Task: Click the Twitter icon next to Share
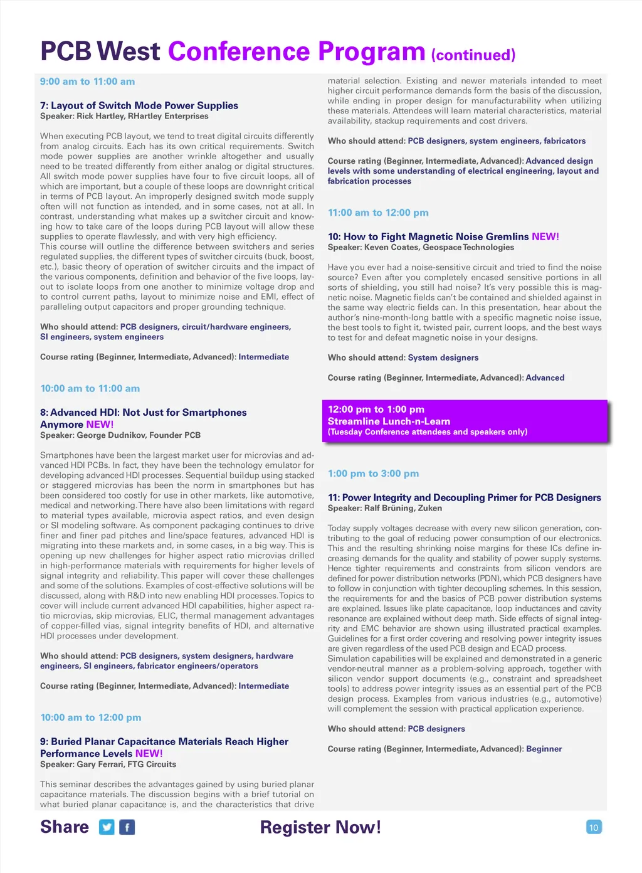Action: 107,827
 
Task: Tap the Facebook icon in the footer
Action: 127,827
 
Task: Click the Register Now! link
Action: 320,827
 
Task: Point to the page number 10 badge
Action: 593,827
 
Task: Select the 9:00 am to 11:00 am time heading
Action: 87,82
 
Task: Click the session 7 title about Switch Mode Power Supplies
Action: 139,105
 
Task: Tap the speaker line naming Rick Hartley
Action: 124,116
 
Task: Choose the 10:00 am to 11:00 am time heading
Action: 90,388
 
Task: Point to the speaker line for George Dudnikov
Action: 120,435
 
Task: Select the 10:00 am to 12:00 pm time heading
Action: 91,717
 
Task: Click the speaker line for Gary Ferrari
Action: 108,764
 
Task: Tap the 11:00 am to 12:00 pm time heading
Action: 378,213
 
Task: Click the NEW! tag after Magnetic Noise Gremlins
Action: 545,236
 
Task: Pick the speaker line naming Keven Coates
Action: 421,247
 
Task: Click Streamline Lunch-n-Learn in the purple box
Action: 389,421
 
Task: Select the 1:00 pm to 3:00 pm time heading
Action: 373,474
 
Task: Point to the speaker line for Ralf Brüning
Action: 385,508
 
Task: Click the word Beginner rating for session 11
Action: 544,749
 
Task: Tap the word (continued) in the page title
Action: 473,55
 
